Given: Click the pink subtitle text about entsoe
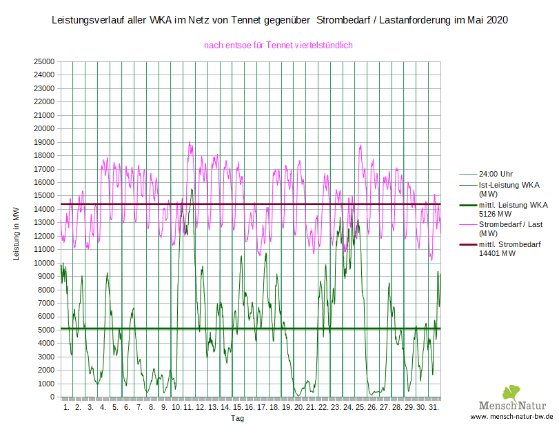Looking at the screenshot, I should [x=278, y=45].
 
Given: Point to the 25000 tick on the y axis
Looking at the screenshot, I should [x=44, y=61].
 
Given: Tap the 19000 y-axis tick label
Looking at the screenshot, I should [x=44, y=142].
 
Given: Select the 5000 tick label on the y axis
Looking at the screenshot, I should [x=46, y=330].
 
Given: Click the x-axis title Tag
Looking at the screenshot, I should [x=237, y=418].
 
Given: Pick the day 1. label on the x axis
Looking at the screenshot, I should [x=67, y=408].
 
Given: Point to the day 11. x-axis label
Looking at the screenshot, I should [x=187, y=408].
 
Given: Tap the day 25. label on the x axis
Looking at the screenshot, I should [x=359, y=408].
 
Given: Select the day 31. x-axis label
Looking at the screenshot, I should [x=433, y=408].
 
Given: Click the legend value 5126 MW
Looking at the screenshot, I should [x=496, y=214].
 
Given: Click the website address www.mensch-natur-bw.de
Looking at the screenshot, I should [x=512, y=417].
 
